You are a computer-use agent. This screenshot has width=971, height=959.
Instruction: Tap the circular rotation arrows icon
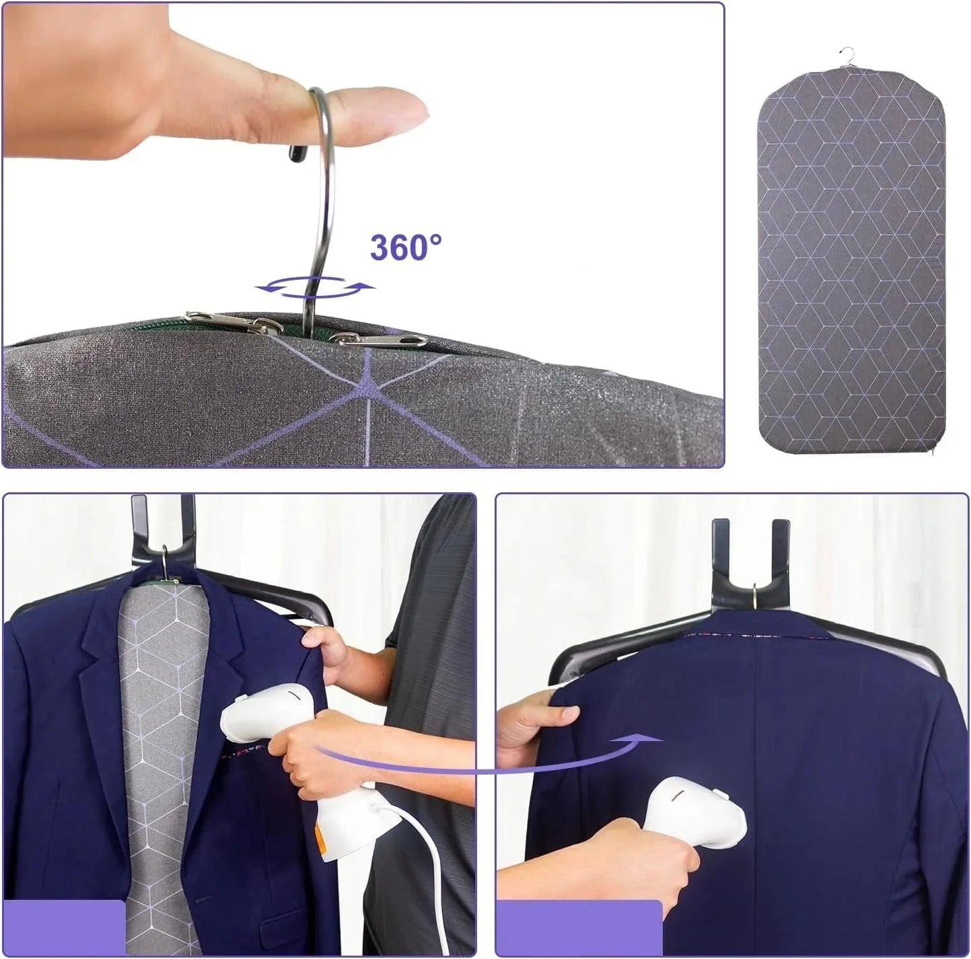point(315,287)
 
